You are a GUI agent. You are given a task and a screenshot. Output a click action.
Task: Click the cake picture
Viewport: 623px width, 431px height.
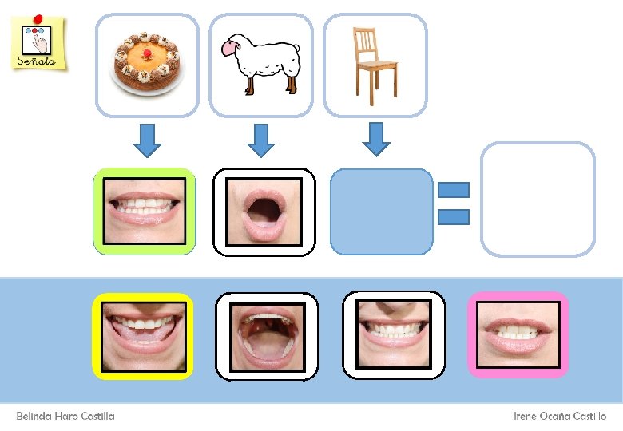[x=148, y=64]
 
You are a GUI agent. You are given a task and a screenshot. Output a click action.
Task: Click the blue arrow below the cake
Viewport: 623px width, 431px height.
[x=146, y=140]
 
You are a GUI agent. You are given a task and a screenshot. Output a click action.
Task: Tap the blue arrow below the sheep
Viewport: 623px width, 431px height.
[x=260, y=140]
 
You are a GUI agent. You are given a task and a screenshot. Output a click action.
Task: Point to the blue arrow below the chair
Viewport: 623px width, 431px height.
[x=376, y=138]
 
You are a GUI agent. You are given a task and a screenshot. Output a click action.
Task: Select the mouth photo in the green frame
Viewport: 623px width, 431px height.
[x=145, y=212]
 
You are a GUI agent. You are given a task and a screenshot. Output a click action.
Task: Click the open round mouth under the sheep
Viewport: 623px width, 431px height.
[x=264, y=212]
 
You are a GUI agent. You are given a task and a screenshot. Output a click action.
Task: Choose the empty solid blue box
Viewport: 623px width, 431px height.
[x=382, y=212]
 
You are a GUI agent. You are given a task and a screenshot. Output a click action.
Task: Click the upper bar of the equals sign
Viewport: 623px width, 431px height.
[x=454, y=190]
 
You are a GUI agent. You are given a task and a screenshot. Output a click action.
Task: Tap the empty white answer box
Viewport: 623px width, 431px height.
[x=538, y=199]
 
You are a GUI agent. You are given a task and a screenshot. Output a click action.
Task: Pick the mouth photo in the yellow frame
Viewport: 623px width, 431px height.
[x=144, y=335]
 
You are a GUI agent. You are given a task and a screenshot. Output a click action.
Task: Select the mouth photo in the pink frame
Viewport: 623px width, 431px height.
[x=518, y=334]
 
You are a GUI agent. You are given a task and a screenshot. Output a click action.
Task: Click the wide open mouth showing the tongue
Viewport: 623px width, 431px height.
[x=267, y=336]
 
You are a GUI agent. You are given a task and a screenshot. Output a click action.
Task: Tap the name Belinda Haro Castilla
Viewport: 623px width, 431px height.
[x=65, y=417]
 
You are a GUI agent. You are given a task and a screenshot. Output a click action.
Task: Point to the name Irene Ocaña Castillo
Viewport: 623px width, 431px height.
[x=559, y=417]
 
